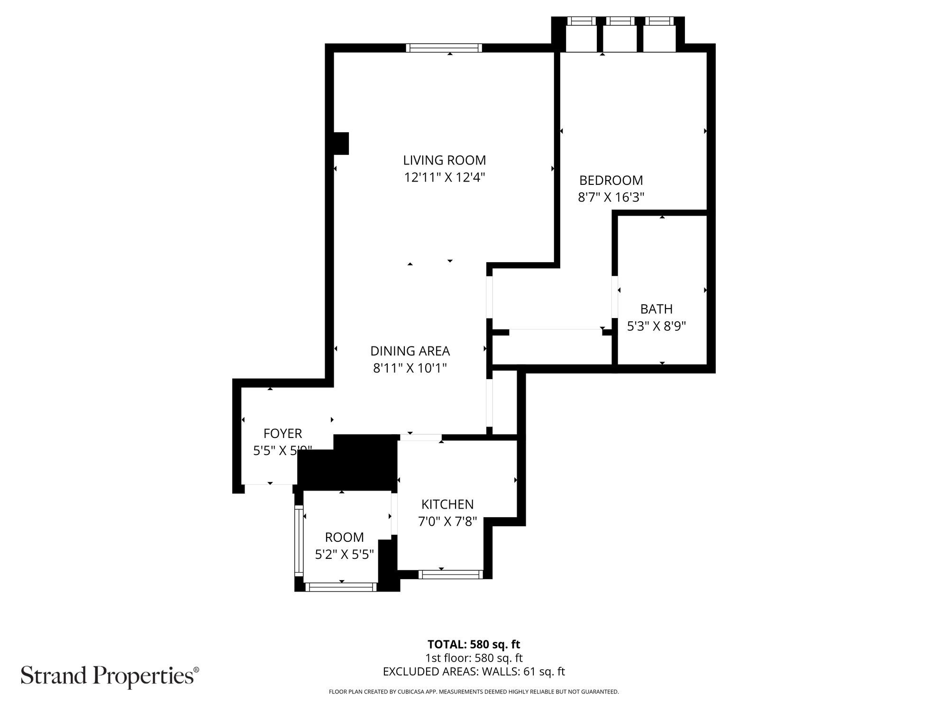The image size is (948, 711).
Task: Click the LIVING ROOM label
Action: point(444,160)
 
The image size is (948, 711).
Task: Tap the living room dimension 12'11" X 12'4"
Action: point(444,178)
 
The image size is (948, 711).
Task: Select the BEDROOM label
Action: point(611,181)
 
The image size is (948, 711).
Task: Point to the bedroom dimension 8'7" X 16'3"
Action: point(611,197)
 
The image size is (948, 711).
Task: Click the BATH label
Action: point(656,309)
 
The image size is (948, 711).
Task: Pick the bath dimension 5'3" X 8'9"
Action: point(656,326)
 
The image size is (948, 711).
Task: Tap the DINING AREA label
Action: point(410,351)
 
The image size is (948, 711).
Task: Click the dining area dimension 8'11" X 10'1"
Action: point(410,368)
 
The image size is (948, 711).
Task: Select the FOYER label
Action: point(283,433)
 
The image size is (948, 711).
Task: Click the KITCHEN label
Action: point(447,504)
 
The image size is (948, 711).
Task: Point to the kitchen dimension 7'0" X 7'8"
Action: point(447,521)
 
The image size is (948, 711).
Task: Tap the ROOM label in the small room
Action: point(344,538)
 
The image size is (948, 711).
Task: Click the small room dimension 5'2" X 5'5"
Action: point(344,554)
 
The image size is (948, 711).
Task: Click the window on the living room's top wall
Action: point(444,47)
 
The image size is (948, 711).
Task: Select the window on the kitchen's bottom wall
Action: point(450,574)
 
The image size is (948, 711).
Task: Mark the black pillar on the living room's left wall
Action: point(341,143)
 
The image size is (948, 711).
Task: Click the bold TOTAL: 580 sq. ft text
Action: point(474,645)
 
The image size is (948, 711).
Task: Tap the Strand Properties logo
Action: point(109,675)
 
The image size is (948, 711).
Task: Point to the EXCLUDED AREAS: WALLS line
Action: point(474,672)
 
